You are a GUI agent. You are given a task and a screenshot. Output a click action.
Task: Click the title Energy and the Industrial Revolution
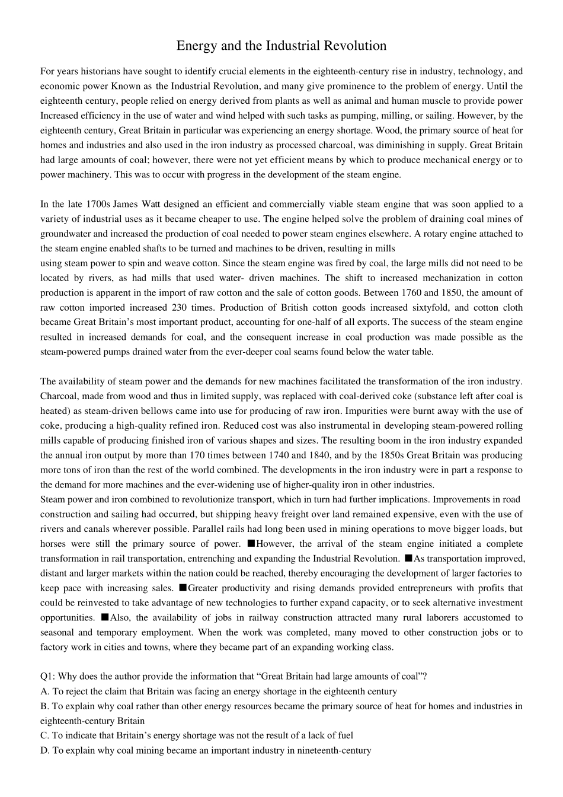pos(281,46)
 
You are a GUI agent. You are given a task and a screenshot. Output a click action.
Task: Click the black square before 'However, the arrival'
pos(251,543)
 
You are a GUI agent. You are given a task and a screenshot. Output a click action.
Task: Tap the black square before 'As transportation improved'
pos(408,558)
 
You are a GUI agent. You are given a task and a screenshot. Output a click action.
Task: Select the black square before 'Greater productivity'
pos(183,588)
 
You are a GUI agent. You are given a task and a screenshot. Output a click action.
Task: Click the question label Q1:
pos(48,676)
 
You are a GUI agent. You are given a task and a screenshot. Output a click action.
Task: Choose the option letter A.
pos(44,691)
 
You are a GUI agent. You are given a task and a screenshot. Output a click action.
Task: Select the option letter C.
pos(44,735)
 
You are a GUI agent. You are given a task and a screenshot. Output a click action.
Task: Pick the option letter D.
pos(44,750)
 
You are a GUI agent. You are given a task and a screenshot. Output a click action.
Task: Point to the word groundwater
pos(64,234)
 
